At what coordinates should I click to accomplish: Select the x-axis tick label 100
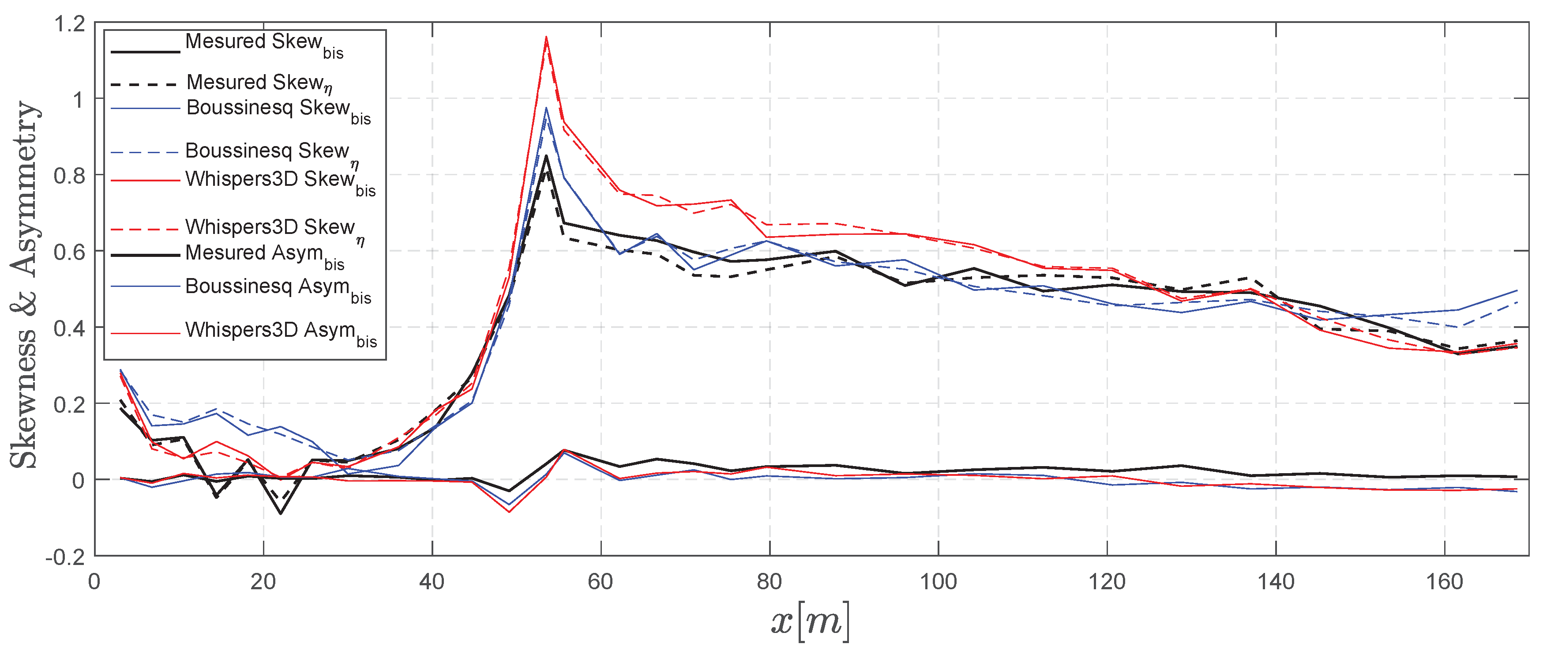938,582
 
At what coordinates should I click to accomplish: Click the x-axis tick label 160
1444,582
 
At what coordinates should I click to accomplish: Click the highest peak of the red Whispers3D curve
546,37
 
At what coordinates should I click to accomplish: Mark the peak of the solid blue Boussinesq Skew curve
546,108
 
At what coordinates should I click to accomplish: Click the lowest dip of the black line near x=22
280,513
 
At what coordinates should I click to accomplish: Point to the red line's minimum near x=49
509,512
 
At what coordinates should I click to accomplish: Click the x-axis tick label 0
94,582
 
